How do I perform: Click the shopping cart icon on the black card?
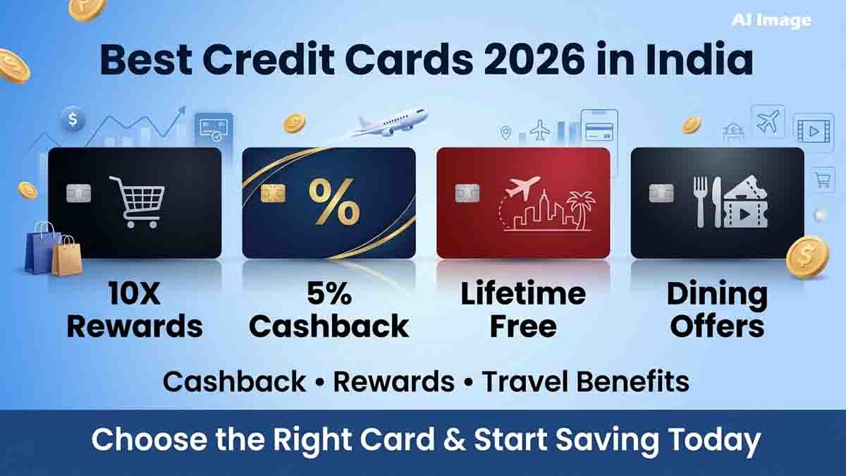(x=137, y=202)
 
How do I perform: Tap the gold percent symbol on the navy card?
(x=334, y=202)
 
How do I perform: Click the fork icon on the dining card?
(x=701, y=202)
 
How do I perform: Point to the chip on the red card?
(x=467, y=193)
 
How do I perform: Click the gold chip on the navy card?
(x=273, y=193)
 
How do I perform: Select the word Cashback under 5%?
(x=329, y=326)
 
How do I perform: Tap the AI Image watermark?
(x=771, y=20)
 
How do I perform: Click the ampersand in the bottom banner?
(x=452, y=440)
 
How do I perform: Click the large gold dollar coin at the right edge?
(x=807, y=257)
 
